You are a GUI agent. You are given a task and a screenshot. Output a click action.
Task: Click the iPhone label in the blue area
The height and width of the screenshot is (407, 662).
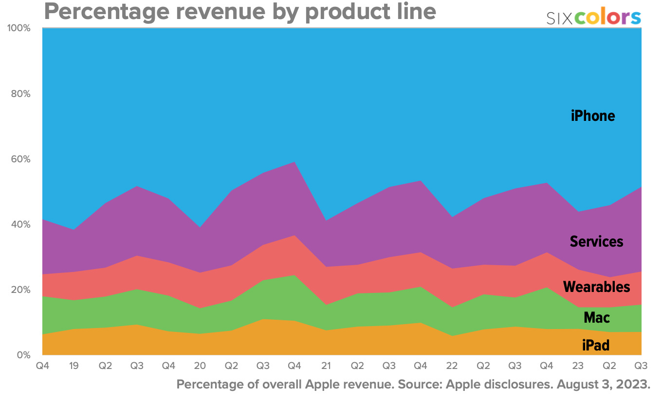click(593, 116)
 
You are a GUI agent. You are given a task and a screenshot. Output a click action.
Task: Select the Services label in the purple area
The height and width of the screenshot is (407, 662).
click(596, 241)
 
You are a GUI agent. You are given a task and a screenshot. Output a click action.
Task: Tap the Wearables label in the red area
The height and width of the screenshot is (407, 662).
click(596, 287)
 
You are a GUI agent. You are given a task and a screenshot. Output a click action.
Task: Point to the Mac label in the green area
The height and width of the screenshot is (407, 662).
click(597, 318)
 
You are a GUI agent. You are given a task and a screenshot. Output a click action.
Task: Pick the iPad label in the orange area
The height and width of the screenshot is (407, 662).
click(596, 346)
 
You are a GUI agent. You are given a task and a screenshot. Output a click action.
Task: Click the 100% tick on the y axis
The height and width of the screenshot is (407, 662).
click(19, 28)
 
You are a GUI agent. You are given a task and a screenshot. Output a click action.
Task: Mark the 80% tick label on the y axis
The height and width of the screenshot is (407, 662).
click(21, 94)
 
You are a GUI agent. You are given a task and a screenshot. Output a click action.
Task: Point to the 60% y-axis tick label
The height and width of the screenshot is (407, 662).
click(21, 159)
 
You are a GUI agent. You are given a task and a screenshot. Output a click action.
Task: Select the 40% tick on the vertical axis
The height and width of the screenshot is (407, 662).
click(21, 225)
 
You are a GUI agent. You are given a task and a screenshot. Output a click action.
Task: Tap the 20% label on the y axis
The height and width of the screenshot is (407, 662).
click(21, 290)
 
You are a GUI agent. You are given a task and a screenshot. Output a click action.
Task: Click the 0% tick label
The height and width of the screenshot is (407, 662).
click(23, 355)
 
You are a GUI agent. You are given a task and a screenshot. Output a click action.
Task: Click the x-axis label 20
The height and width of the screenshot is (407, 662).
click(200, 366)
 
